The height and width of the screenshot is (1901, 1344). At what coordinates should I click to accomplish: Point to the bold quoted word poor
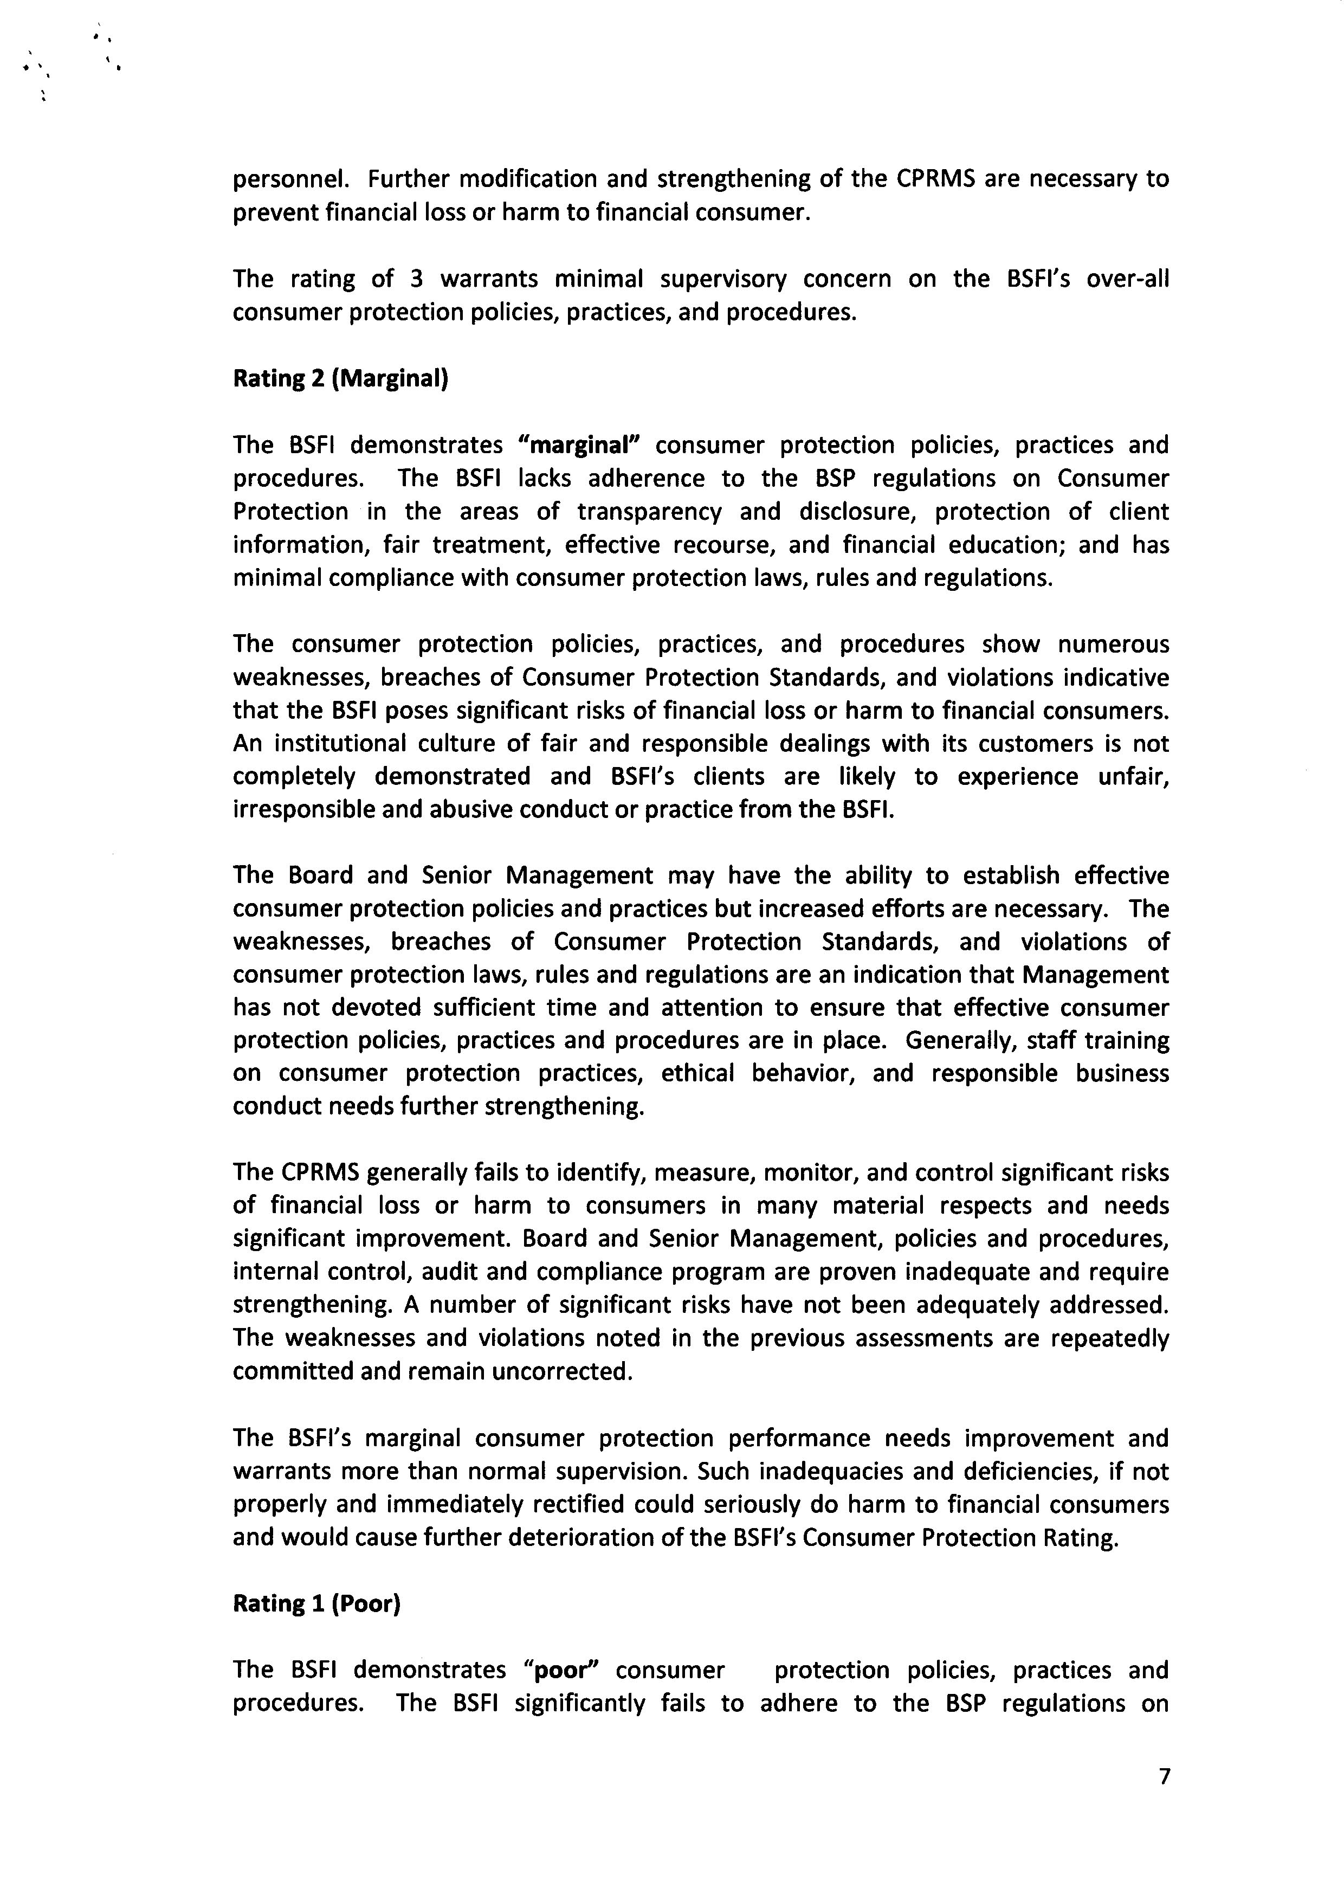[x=566, y=1670]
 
